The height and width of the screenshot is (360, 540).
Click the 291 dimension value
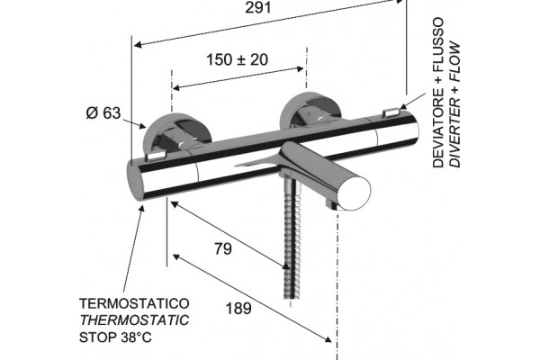tap(258, 7)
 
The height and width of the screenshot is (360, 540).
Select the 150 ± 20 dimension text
tap(237, 59)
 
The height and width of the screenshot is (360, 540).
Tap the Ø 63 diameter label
tap(103, 112)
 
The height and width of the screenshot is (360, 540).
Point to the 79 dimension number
tap(223, 248)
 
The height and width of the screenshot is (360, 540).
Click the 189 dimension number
tap(238, 309)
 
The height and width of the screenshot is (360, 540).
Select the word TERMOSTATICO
tap(134, 303)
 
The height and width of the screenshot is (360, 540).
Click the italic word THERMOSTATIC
tap(134, 320)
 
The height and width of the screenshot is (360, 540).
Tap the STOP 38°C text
tap(115, 337)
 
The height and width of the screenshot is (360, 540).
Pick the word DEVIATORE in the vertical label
tap(438, 128)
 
